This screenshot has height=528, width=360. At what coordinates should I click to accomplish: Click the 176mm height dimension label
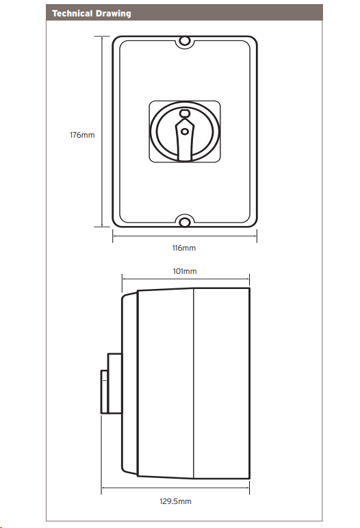point(82,135)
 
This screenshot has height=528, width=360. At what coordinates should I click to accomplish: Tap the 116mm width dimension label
point(183,248)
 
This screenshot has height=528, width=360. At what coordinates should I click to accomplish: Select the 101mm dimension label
point(185,271)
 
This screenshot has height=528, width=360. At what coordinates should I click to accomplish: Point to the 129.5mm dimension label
point(175,501)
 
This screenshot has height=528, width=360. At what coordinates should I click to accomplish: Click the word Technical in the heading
point(73,14)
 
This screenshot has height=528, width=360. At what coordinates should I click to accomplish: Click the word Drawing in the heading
point(113,14)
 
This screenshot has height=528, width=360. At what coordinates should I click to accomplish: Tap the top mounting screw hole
point(184,41)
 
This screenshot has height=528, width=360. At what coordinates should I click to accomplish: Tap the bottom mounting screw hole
point(184,222)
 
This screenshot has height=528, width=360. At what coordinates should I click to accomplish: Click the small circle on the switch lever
point(185,131)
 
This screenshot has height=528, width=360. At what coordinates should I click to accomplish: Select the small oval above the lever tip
point(185,113)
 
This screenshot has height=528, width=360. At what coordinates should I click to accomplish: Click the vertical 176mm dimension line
point(102,131)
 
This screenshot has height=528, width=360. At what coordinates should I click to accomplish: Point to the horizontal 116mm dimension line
point(185,236)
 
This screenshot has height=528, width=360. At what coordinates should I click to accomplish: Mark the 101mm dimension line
point(185,279)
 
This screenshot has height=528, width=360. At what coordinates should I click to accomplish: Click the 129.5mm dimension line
point(175,488)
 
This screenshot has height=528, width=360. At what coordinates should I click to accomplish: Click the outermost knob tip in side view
point(104,392)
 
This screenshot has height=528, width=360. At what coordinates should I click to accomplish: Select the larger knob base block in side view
point(115,384)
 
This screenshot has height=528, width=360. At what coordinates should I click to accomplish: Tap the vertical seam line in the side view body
point(194,384)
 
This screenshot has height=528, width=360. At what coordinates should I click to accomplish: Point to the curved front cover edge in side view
point(129,384)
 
